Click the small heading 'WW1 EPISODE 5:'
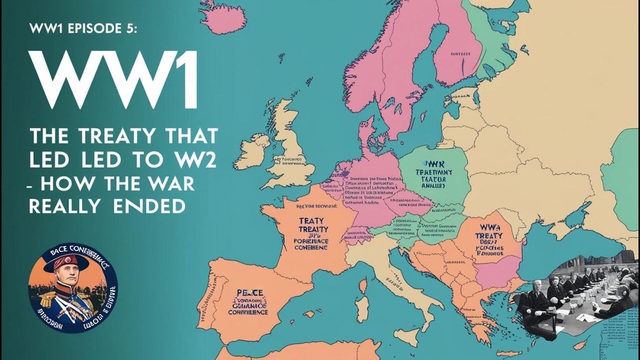pos(82,28)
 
